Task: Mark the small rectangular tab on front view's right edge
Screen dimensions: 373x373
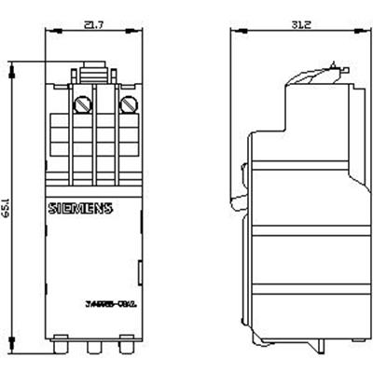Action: (x=140, y=274)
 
